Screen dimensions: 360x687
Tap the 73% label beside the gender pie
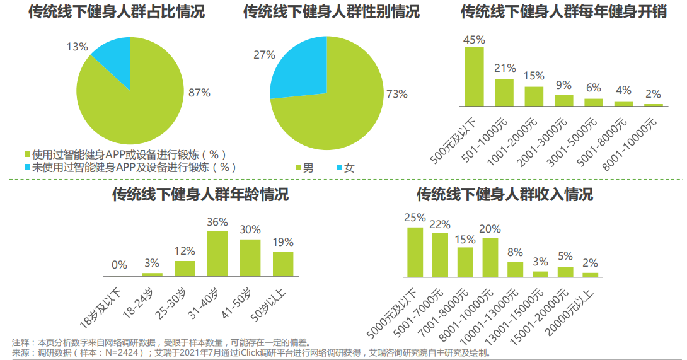point(397,94)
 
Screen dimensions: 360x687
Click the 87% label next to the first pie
point(199,93)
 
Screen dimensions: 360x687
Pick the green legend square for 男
point(299,168)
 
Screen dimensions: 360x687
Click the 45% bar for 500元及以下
point(474,76)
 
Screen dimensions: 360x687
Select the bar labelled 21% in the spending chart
point(504,92)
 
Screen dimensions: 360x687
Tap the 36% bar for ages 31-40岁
point(217,253)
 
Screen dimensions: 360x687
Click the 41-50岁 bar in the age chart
point(250,257)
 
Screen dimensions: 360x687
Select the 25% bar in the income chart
point(415,252)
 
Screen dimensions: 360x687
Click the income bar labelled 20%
point(490,257)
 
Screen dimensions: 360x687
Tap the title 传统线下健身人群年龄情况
point(200,195)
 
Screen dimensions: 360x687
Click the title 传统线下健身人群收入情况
point(504,195)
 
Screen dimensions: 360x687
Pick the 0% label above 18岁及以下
point(119,265)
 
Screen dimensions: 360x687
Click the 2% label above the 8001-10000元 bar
point(653,94)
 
